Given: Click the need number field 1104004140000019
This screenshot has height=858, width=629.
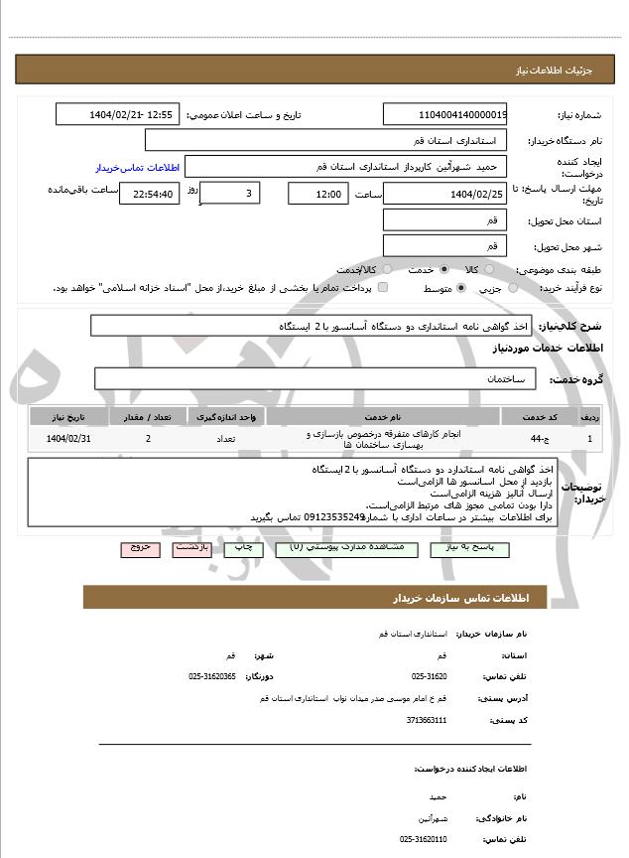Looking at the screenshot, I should pyautogui.click(x=445, y=115).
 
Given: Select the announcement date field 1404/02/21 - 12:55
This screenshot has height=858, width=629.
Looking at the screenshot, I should pyautogui.click(x=118, y=115).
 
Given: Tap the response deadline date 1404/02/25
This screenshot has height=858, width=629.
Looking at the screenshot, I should pyautogui.click(x=445, y=193).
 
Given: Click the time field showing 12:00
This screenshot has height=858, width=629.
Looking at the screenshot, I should pyautogui.click(x=317, y=193).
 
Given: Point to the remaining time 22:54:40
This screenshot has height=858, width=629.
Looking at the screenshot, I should pyautogui.click(x=150, y=194).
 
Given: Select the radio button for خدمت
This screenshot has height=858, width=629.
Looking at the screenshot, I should pyautogui.click(x=442, y=270).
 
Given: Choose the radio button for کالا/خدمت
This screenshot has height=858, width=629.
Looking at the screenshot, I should pyautogui.click(x=382, y=270).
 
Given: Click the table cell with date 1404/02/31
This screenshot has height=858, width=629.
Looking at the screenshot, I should pyautogui.click(x=68, y=438).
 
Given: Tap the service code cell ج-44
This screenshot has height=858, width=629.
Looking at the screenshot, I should pyautogui.click(x=537, y=438).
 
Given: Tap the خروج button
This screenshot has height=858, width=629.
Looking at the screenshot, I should pyautogui.click(x=139, y=548).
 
